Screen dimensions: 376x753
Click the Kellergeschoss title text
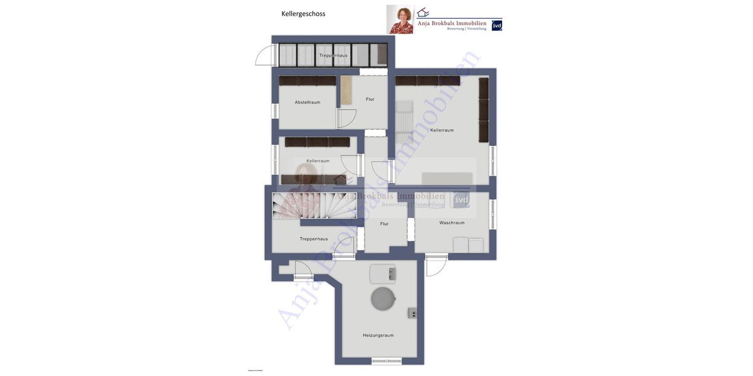coord(303,14)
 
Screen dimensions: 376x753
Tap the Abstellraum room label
coord(307,102)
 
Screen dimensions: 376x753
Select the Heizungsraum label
coord(378,335)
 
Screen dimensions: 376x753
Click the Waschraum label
coord(452,222)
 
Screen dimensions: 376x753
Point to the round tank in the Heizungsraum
coord(383,298)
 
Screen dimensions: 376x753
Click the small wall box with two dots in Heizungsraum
coord(413,313)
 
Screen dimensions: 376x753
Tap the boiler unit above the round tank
coord(383,273)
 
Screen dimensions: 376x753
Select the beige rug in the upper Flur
coord(345,90)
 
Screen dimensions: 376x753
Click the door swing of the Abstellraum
coord(347,118)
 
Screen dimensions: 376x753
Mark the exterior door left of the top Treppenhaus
coord(265,56)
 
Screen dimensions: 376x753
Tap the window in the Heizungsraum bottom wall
coord(386,361)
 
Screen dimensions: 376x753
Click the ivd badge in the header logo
coord(496,26)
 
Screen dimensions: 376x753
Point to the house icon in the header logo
coord(423,13)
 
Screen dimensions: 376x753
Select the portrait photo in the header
coord(400,19)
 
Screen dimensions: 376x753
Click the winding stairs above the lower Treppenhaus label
coord(307,207)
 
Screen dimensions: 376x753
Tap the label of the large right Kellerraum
coord(442,130)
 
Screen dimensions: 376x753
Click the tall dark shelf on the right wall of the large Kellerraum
coord(484,110)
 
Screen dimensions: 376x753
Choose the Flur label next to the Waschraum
coord(384,224)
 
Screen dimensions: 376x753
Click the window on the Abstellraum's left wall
coord(275,111)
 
